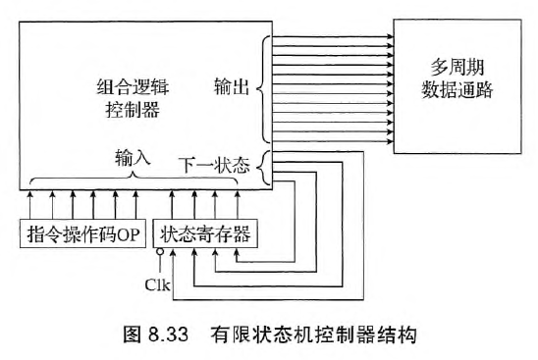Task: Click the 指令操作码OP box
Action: [82, 235]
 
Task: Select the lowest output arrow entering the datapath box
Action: [334, 140]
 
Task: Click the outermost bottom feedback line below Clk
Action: [265, 299]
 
